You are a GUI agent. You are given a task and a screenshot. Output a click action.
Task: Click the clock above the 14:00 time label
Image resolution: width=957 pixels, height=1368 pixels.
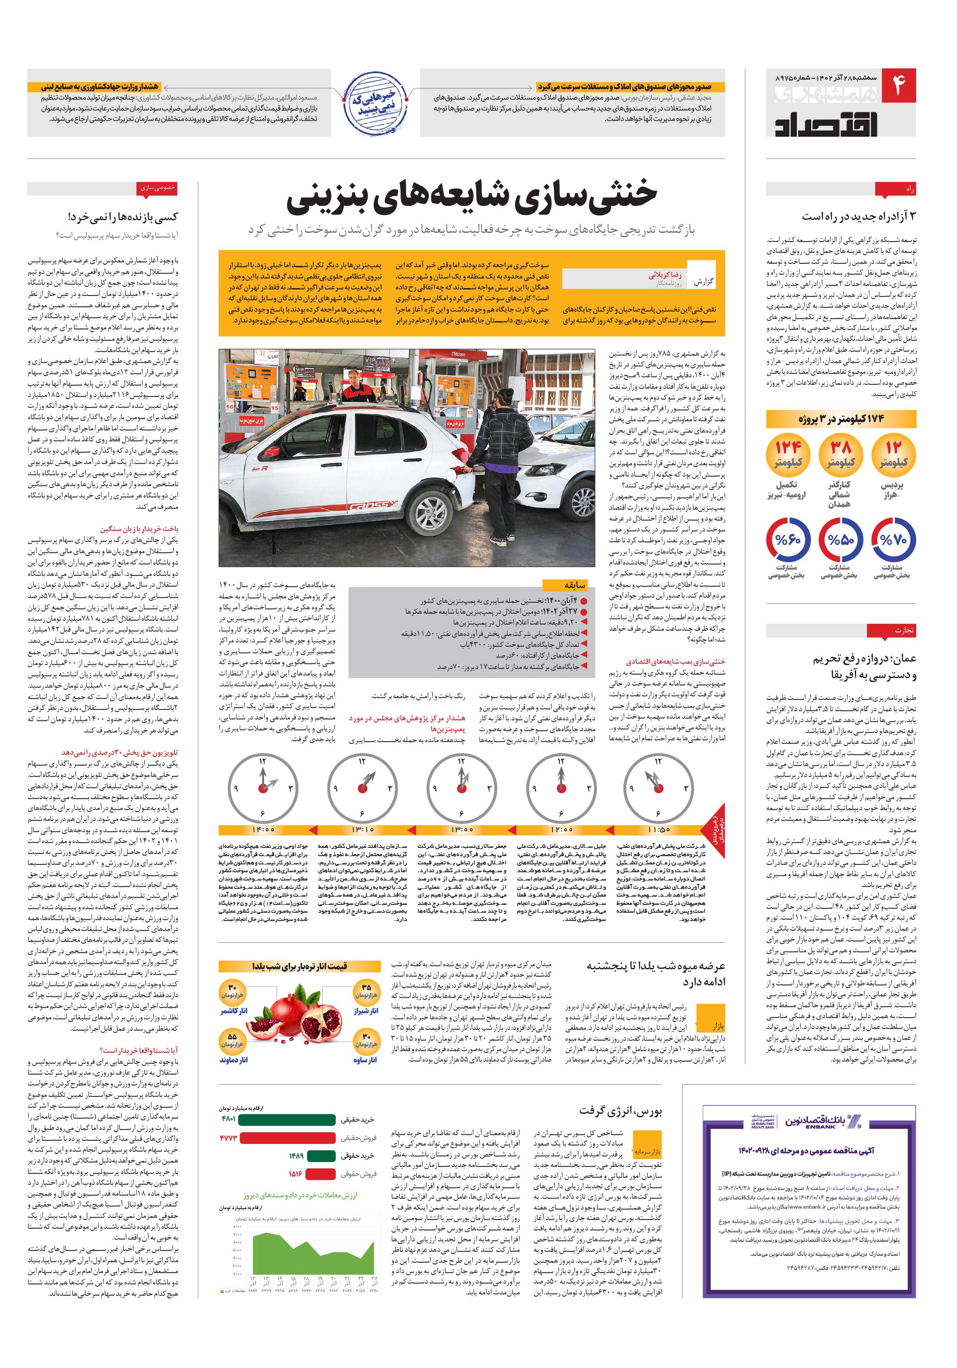pyautogui.click(x=263, y=788)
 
